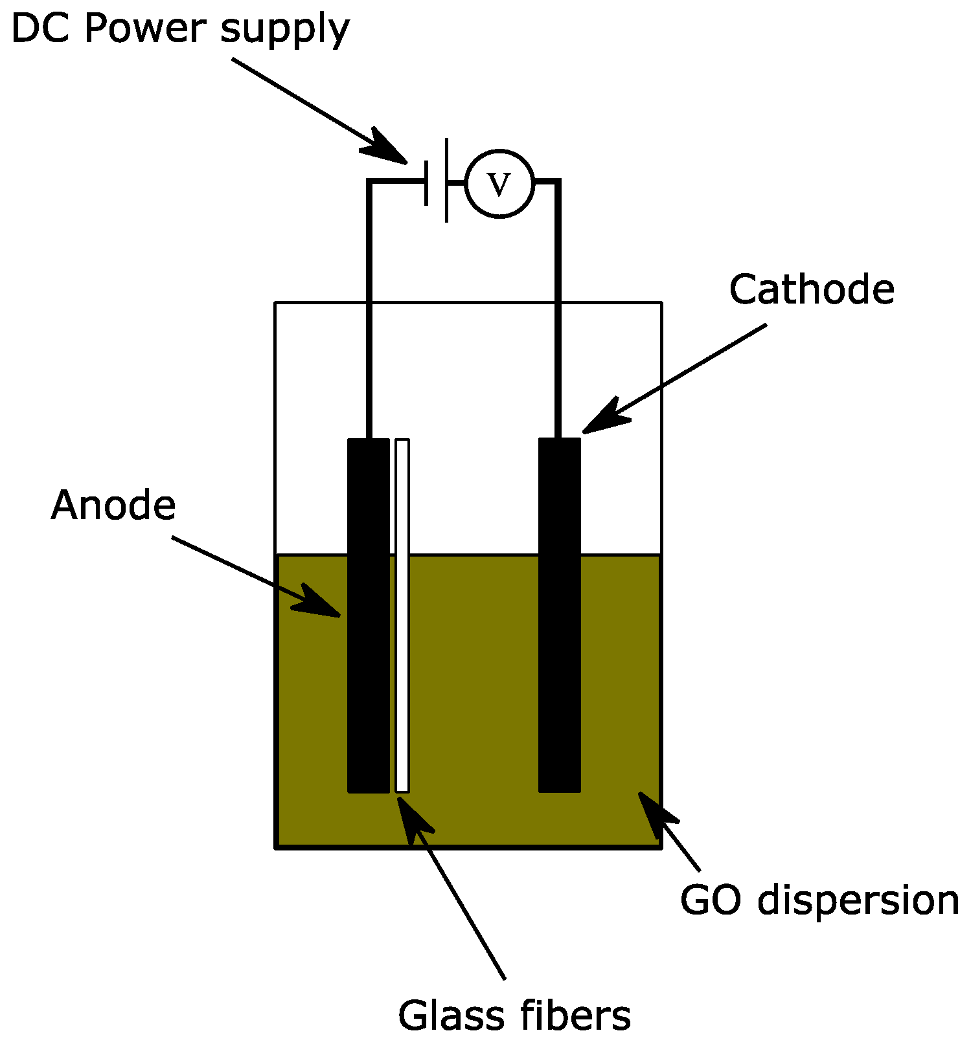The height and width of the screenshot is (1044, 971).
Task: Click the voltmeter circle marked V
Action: [x=499, y=184]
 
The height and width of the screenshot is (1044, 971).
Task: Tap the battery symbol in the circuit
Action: [x=436, y=181]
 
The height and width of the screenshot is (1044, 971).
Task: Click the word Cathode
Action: [x=811, y=289]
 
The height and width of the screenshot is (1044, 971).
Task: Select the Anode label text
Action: [x=113, y=505]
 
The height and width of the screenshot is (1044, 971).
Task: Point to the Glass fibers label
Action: [x=514, y=1015]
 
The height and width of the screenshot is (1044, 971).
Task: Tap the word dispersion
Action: [x=858, y=901]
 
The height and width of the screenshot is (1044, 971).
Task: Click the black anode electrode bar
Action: [x=369, y=615]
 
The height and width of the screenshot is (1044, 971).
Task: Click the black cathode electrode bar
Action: [x=560, y=615]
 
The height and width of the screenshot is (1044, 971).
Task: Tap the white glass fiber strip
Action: [x=402, y=615]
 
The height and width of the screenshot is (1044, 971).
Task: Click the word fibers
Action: [x=574, y=1015]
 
